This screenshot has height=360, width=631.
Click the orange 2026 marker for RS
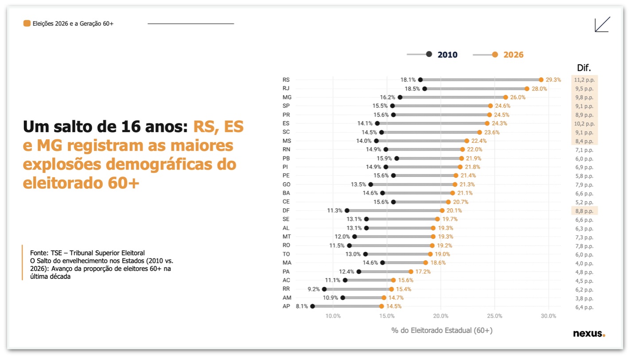point(541,80)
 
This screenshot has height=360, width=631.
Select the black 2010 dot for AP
point(312,306)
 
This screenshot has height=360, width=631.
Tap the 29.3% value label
point(553,80)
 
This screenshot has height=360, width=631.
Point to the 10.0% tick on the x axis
point(333,316)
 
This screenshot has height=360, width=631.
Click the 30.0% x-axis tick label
point(549,316)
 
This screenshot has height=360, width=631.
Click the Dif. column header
point(584,68)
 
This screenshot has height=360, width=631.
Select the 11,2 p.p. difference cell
point(584,80)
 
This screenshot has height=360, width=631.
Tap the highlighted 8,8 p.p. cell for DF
point(584,211)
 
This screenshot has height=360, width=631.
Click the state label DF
point(286,211)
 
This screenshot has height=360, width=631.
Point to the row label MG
point(287,97)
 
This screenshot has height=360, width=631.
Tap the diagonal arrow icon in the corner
point(602,24)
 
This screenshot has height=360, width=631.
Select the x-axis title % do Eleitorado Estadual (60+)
point(442,331)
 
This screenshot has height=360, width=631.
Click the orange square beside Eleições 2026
point(27,23)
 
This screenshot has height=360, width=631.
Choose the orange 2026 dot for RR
point(391,289)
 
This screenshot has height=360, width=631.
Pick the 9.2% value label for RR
point(314,289)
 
